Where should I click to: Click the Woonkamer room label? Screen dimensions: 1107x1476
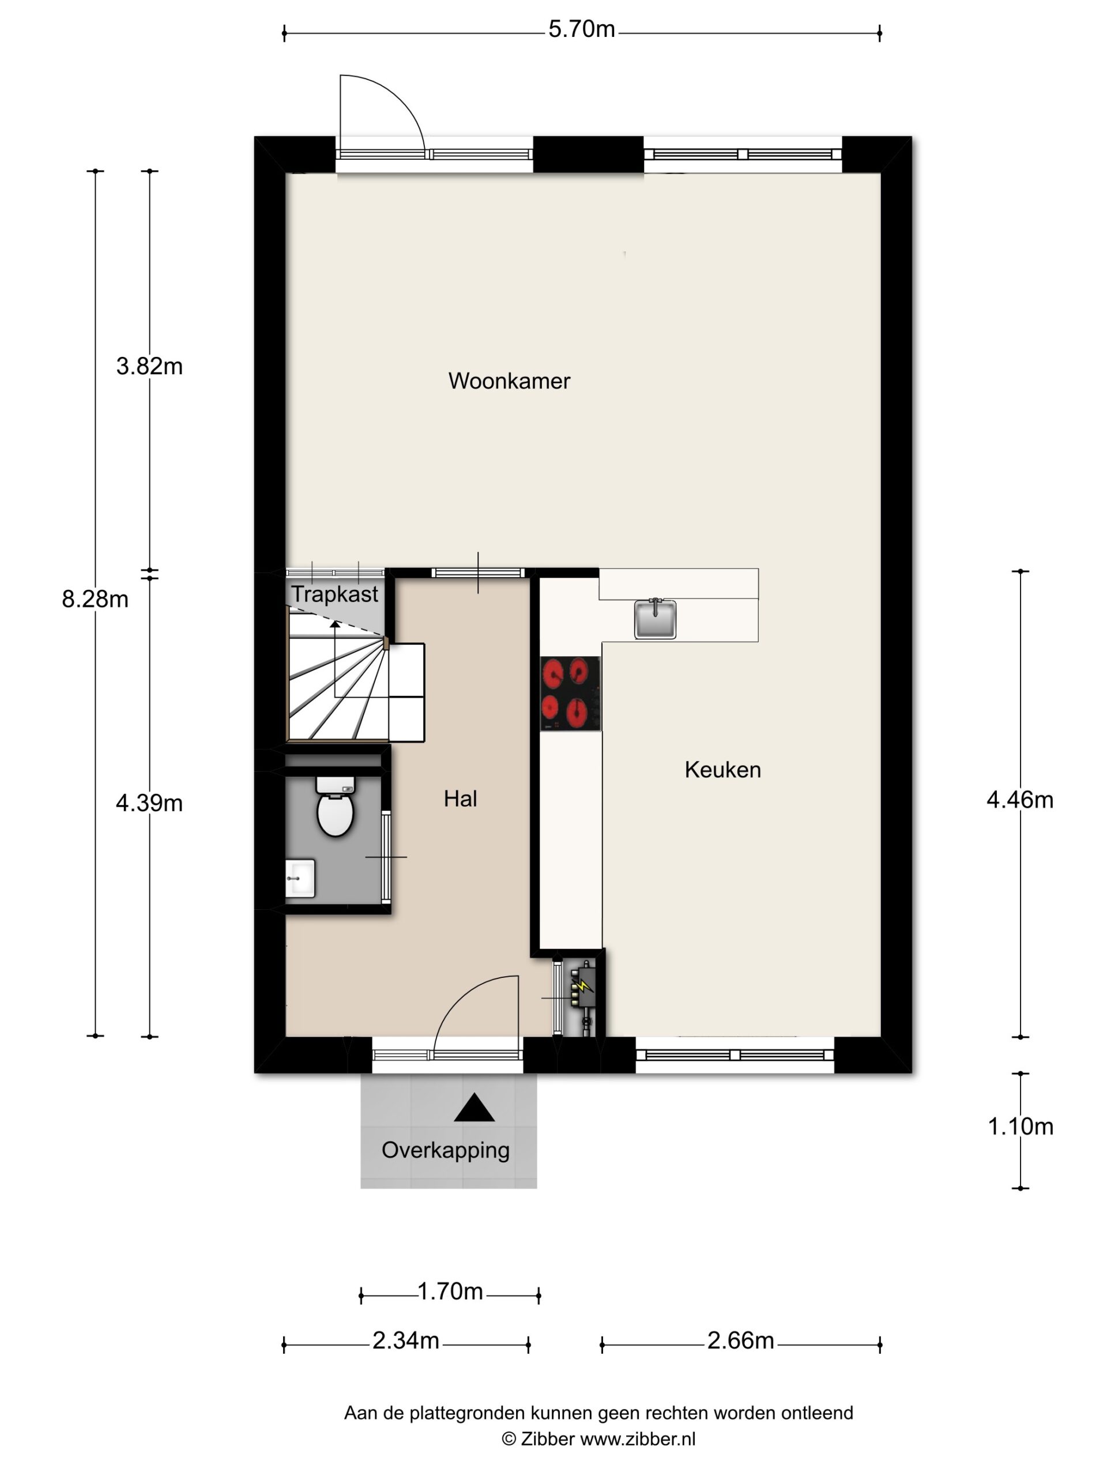[x=509, y=381]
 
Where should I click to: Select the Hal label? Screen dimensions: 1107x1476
[x=461, y=799]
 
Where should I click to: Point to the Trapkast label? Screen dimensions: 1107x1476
[x=335, y=594]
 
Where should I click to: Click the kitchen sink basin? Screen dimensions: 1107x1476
[x=654, y=619]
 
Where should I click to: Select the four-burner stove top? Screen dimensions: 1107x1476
[x=570, y=693]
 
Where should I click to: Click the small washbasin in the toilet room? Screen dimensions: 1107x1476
[x=300, y=878]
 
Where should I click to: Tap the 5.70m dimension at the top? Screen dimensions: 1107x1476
[x=582, y=29]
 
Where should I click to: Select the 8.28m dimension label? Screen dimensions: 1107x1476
[x=95, y=599]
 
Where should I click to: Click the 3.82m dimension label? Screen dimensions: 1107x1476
[x=149, y=366]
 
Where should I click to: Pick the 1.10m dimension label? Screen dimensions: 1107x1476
[x=1021, y=1127]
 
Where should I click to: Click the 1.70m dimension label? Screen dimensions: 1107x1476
[x=450, y=1292]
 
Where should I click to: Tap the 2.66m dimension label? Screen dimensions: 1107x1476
[x=741, y=1341]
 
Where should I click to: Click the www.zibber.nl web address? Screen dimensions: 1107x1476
[x=638, y=1439]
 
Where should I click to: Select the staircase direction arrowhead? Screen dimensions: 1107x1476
[x=335, y=624]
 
